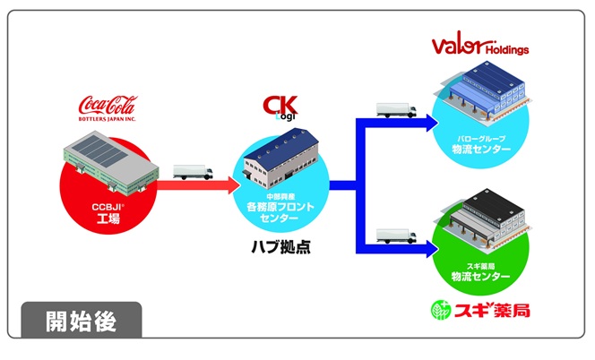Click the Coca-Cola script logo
(x=107, y=105)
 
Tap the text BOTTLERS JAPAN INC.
(x=107, y=119)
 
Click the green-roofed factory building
(x=107, y=161)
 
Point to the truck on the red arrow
(x=190, y=171)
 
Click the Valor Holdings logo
(x=479, y=46)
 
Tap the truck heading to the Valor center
(x=394, y=110)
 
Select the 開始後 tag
(x=81, y=319)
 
